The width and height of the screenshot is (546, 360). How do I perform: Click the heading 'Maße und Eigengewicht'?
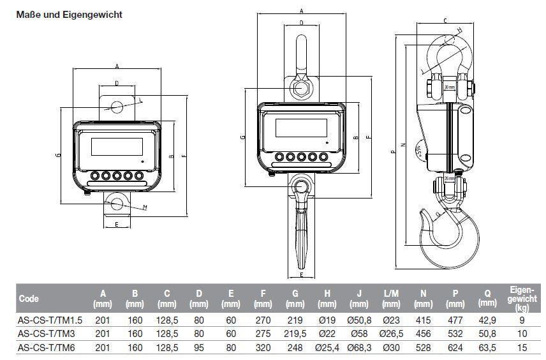(x=69, y=13)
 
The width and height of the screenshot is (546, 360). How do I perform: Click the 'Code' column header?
(x=29, y=298)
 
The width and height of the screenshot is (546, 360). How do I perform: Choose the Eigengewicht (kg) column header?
(x=522, y=298)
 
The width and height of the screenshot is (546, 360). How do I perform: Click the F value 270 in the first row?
(x=262, y=320)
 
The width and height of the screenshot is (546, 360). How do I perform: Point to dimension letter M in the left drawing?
(x=145, y=207)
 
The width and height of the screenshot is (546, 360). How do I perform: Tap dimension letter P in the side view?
(x=392, y=152)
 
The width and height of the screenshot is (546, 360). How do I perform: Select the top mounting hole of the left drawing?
(x=115, y=106)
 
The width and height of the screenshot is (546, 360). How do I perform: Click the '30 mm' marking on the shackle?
(x=449, y=86)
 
